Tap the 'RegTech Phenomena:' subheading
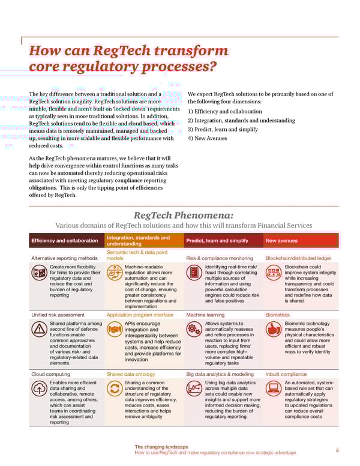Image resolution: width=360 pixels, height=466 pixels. pos(183,216)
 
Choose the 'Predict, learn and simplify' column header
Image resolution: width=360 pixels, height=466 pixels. pos(217,241)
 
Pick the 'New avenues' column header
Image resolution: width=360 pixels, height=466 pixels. pos(281,241)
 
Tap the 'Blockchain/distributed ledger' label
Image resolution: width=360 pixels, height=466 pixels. pos(298,258)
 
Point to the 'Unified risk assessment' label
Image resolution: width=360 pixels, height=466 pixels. pos(58,314)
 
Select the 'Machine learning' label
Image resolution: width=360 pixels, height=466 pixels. pos(205,314)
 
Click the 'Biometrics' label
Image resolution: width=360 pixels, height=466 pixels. pos(277,314)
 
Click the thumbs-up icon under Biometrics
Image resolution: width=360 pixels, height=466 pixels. pos(274,329)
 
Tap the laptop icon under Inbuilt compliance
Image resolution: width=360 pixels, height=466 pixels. pos(274,389)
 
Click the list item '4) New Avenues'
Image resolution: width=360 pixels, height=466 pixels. pos(208,139)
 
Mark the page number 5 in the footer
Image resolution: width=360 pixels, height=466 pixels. pos(337,450)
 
